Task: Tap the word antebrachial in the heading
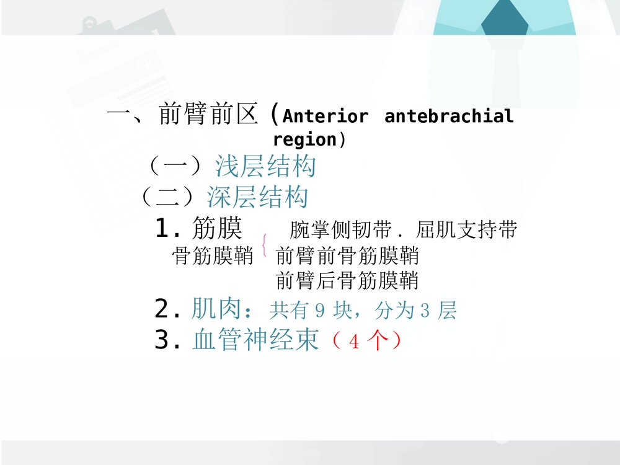pos(449,117)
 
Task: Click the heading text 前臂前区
pos(208,115)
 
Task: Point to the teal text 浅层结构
pos(265,166)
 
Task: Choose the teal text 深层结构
pos(257,197)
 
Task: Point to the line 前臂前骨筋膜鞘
pos(347,255)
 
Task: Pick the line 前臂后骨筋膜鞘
pos(347,281)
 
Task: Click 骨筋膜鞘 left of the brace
pos(212,255)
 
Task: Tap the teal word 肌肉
pos(216,309)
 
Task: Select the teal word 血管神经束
pos(255,340)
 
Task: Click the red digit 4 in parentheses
pos(354,342)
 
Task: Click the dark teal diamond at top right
pos(504,19)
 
